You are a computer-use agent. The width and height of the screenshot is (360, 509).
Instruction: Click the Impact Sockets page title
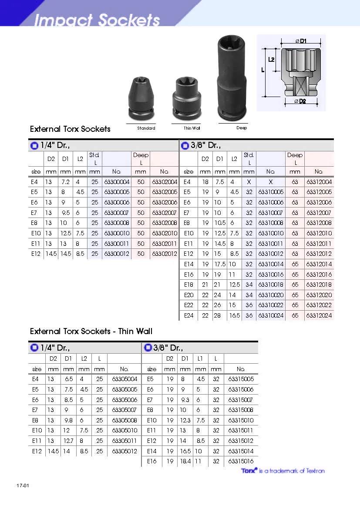(97, 20)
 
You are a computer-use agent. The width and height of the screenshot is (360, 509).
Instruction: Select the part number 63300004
(117, 182)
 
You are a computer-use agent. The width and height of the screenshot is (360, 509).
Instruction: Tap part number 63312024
(319, 315)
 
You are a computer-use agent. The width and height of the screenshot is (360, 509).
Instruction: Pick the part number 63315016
(241, 461)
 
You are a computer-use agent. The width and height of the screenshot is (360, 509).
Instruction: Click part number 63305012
(124, 451)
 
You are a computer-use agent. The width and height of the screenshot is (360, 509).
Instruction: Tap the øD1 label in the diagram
(301, 41)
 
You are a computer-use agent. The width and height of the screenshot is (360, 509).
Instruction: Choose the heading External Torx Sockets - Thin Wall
(91, 332)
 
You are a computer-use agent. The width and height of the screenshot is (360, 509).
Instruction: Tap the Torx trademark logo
(249, 470)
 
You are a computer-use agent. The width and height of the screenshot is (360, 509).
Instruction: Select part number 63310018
(270, 285)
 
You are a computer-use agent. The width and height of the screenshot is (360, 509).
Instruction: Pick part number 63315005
(241, 379)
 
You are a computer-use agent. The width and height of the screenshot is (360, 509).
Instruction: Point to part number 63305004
(124, 379)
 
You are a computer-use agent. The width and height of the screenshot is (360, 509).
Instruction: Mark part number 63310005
(270, 192)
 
